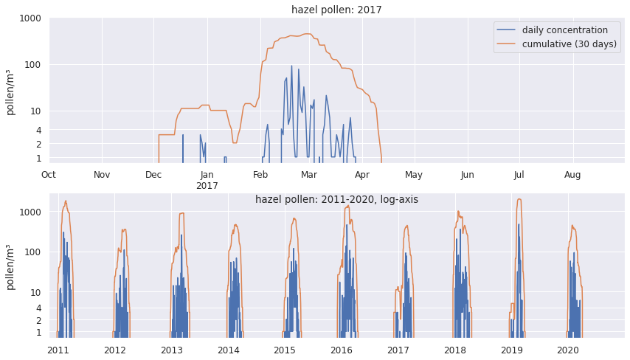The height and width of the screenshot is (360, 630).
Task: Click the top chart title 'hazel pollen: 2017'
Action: point(336,10)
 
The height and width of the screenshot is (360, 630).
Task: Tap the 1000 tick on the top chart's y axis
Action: point(30,18)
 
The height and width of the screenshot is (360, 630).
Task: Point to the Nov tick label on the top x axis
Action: point(102,175)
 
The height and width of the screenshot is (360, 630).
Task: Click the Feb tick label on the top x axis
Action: point(260,175)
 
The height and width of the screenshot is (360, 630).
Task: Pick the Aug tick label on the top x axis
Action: point(572,175)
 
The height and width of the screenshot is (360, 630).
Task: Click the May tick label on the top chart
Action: point(414,175)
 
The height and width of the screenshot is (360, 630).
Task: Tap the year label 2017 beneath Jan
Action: point(207,186)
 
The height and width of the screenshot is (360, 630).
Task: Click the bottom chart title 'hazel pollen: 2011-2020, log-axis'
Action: point(336,199)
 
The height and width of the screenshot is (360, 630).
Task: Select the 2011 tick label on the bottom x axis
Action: point(58,350)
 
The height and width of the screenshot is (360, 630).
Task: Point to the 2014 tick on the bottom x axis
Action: point(229,350)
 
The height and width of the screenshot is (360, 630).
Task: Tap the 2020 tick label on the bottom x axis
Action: point(567,350)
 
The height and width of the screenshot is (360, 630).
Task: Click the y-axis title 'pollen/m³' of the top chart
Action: point(10,91)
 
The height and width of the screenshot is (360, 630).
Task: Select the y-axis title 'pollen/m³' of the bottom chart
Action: point(10,266)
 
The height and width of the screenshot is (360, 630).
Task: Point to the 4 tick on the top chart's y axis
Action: point(38,130)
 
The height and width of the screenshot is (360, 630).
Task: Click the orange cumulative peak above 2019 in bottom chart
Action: point(519,199)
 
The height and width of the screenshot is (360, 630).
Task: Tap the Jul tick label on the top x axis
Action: point(519,175)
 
